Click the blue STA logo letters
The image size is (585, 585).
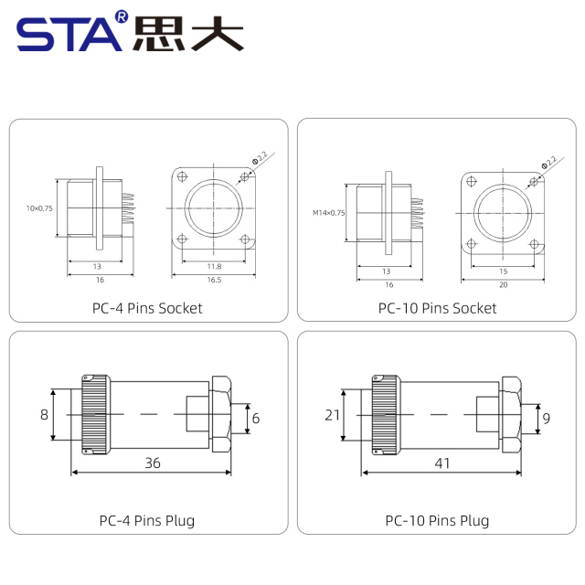tap(69, 35)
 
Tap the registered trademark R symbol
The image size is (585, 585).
tap(122, 16)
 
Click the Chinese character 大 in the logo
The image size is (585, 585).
tap(218, 34)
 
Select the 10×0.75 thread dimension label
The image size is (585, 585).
tap(39, 208)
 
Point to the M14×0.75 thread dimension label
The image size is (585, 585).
tap(329, 213)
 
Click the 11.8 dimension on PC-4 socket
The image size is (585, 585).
tap(214, 266)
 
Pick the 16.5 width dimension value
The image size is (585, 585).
tap(214, 280)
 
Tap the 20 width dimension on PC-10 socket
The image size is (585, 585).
tap(504, 284)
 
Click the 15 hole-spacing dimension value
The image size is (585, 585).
tap(504, 271)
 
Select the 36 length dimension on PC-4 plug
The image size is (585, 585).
tap(153, 463)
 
